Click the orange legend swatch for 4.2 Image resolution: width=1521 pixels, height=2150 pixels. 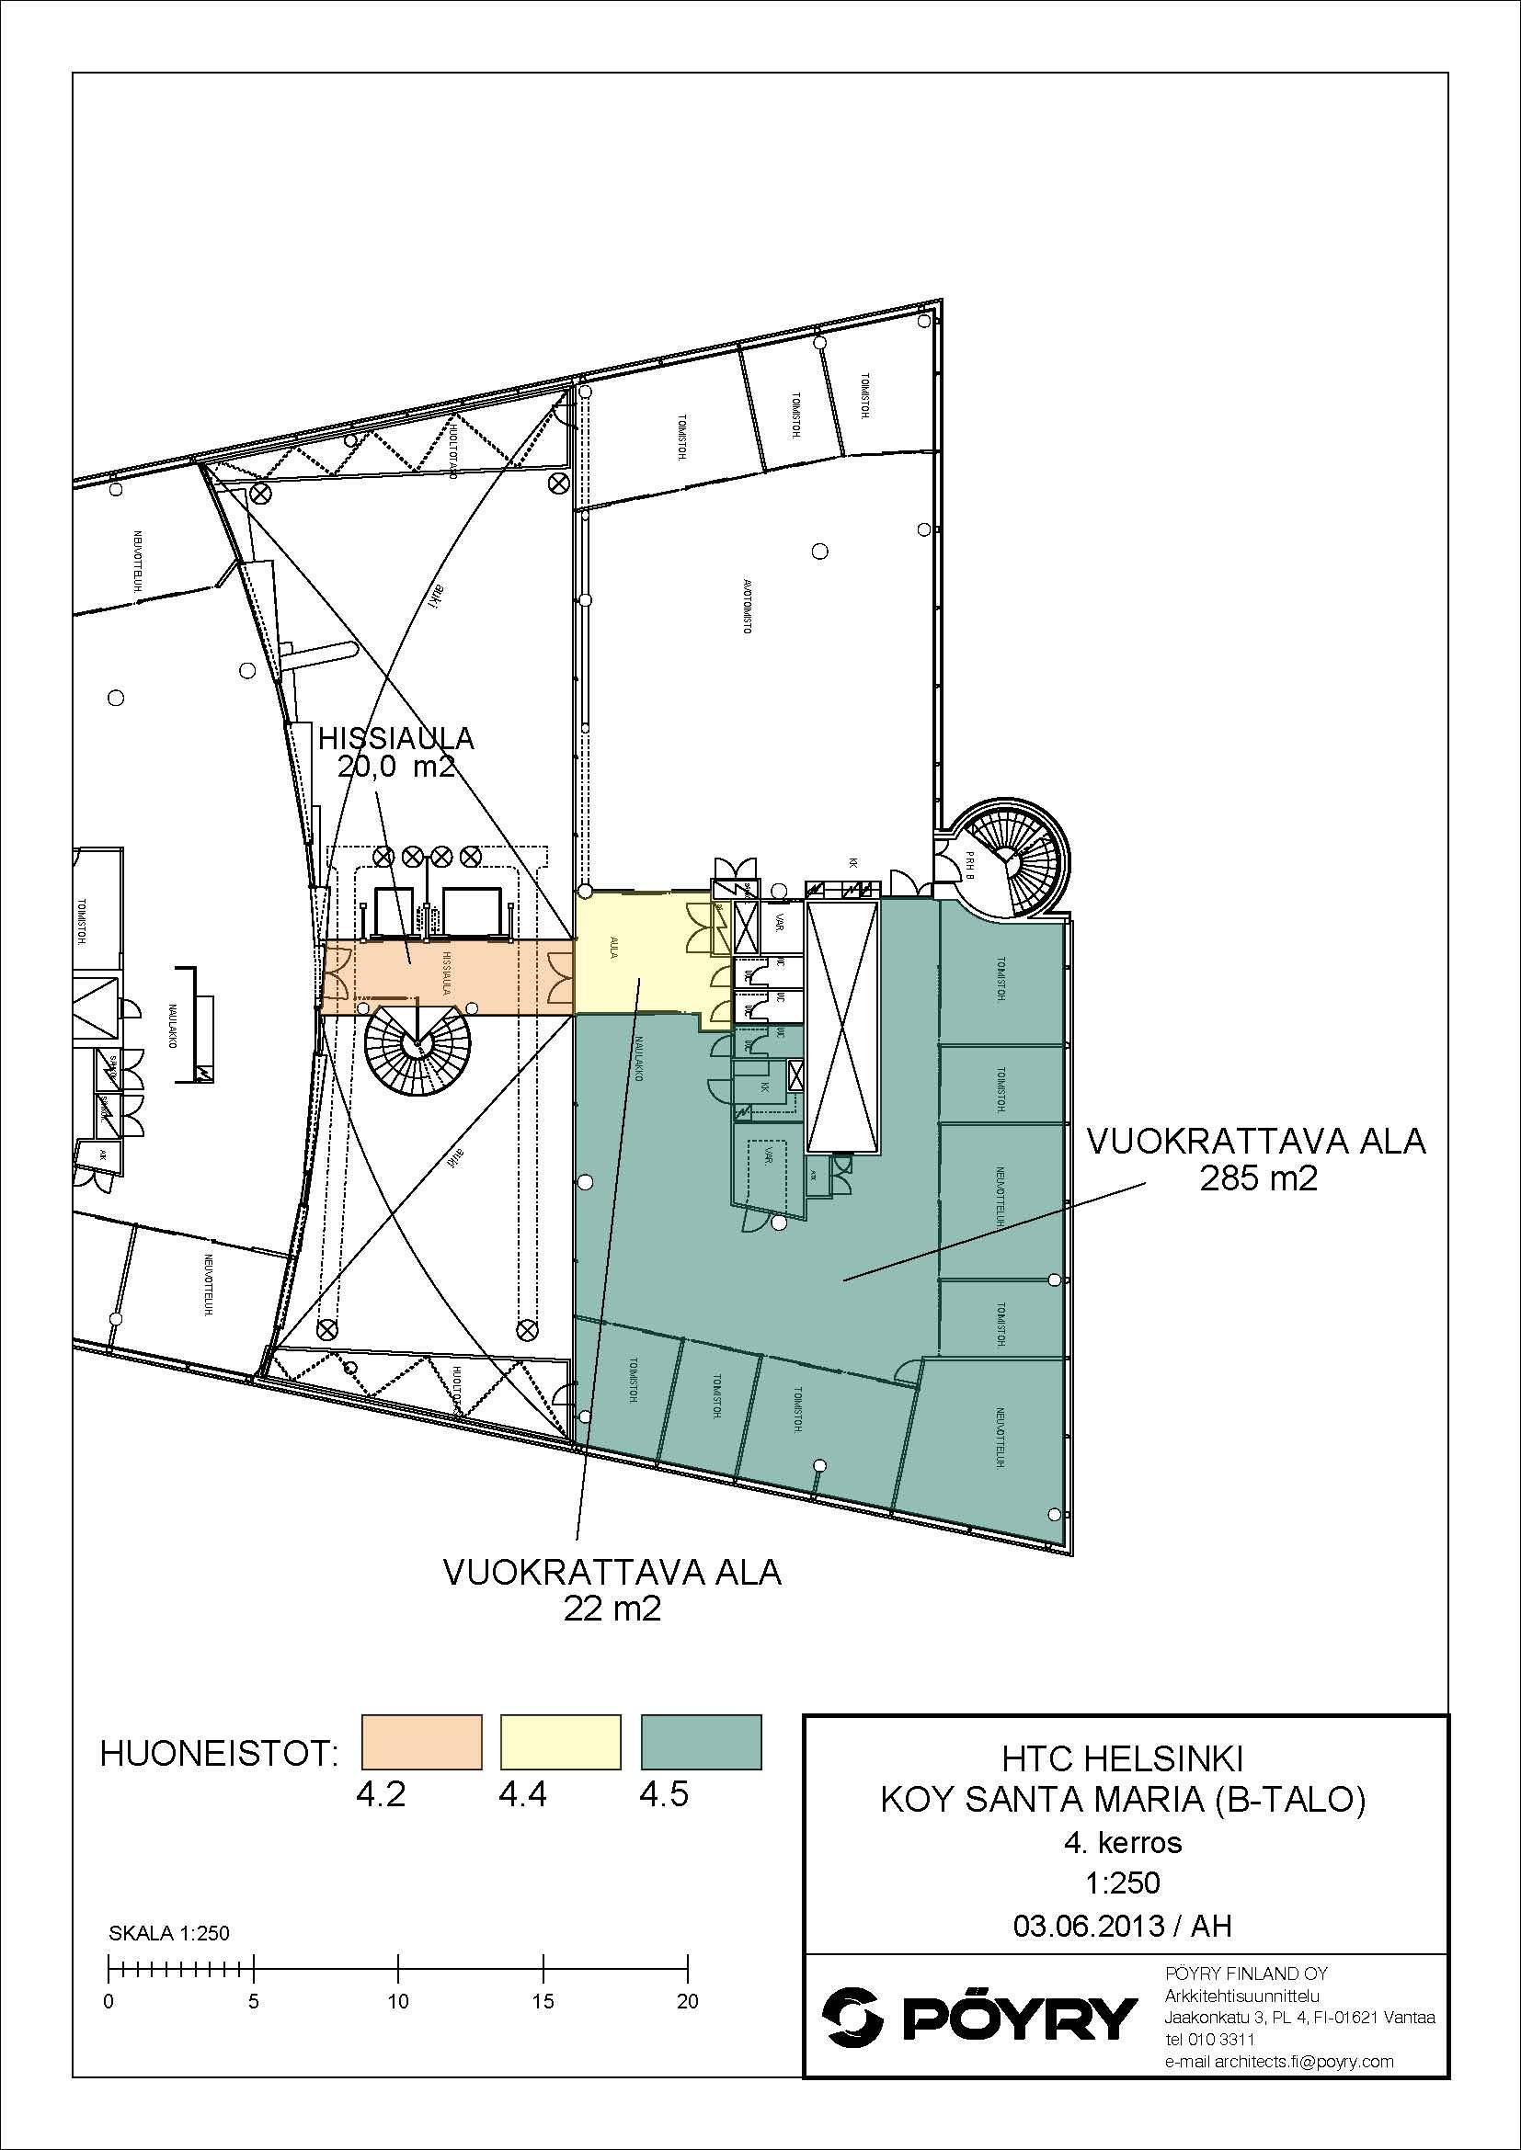pos(421,1741)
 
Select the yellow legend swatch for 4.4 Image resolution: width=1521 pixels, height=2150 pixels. pos(561,1741)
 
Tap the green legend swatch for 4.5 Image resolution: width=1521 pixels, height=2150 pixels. pos(701,1741)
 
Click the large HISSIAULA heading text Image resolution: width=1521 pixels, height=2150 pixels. pos(396,739)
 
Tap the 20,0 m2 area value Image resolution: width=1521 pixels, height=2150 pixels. pos(396,768)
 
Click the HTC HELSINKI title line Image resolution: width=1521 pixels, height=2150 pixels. pos(1122,1760)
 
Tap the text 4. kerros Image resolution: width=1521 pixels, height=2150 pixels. pos(1122,1843)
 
